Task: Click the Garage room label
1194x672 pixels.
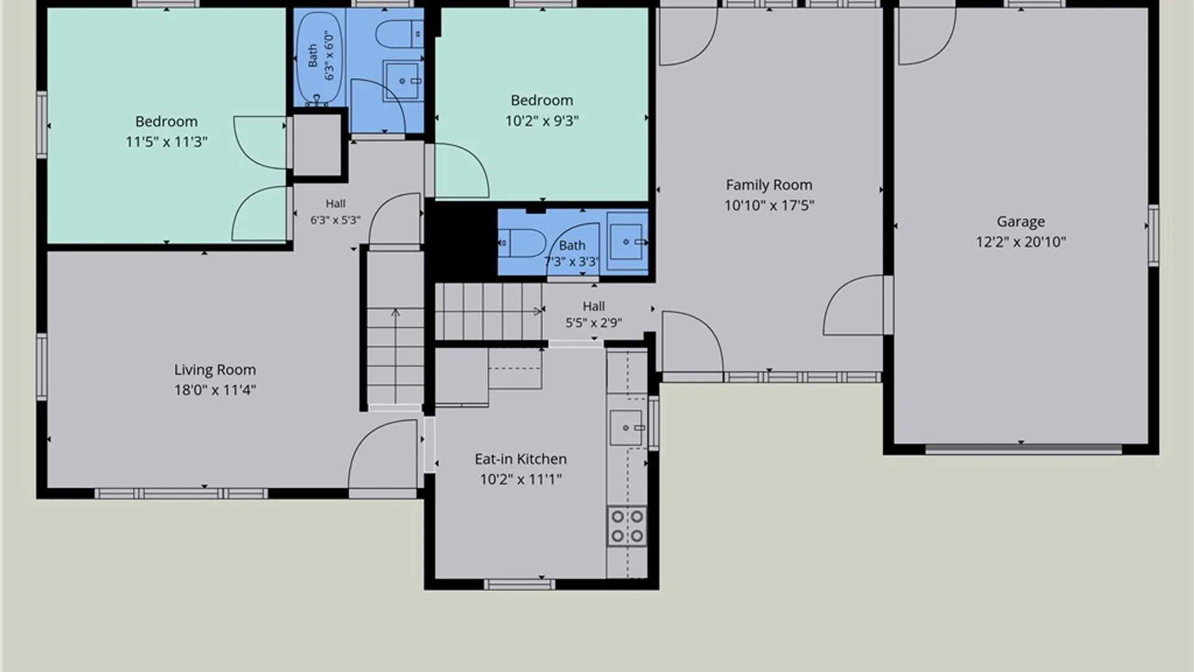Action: [1020, 222]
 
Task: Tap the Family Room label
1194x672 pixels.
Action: [769, 185]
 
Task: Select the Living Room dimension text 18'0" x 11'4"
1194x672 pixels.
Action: [215, 390]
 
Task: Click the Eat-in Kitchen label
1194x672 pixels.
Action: [521, 459]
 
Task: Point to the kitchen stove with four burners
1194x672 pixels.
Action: [627, 526]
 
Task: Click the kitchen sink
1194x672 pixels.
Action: [626, 428]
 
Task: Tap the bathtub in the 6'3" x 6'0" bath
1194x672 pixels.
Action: [319, 59]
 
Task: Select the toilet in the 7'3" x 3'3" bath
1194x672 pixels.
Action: [522, 243]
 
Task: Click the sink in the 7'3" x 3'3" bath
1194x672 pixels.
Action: [628, 242]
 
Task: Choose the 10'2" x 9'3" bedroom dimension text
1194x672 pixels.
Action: [542, 121]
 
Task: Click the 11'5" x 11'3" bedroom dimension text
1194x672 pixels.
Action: [167, 142]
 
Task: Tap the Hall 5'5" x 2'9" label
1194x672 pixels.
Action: [594, 314]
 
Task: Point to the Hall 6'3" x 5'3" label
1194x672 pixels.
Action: [335, 212]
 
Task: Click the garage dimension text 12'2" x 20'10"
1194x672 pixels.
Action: [1020, 242]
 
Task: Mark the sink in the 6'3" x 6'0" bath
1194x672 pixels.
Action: [402, 80]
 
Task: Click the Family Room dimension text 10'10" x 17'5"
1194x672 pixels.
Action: [769, 205]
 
